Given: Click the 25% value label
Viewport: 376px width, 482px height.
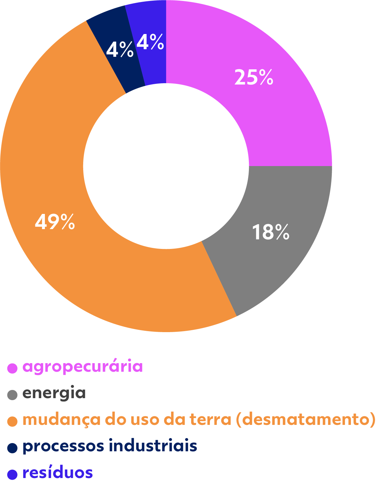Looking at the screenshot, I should pos(254,78).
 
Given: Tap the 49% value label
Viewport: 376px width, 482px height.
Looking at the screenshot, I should pos(55,222).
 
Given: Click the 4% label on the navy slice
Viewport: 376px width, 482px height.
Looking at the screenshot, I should pos(120,50).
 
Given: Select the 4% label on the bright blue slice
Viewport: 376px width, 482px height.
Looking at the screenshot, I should pos(150,42).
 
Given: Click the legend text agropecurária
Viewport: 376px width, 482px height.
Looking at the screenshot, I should pos(83,367).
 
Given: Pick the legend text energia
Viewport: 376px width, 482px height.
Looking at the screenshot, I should pos(54,393).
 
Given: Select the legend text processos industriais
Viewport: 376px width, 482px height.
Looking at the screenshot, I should pos(110,446).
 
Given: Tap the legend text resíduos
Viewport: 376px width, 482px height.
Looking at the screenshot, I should pos(57,473).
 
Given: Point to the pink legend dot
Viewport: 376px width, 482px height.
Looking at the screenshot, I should pos(13,368).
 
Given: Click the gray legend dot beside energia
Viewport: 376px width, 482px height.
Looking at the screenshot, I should pos(13,395).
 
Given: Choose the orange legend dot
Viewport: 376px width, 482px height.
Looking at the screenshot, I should pos(13,421).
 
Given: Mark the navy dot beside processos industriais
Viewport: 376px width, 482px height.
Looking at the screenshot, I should pos(13,448).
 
